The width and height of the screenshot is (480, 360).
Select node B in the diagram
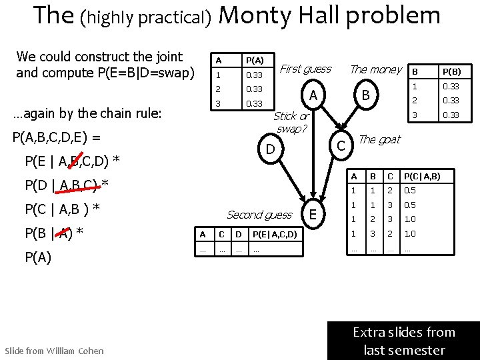pyautogui.click(x=365, y=95)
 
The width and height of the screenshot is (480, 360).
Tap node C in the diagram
pyautogui.click(x=340, y=145)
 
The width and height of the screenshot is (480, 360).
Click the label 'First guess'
pyautogui.click(x=305, y=69)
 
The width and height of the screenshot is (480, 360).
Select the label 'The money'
pyautogui.click(x=376, y=69)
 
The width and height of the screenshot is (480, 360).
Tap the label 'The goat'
pyautogui.click(x=379, y=139)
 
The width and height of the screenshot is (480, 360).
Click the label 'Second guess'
pyautogui.click(x=259, y=215)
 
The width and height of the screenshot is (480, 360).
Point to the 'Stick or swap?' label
pyautogui.click(x=291, y=122)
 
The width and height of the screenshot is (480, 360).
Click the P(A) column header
pyautogui.click(x=254, y=61)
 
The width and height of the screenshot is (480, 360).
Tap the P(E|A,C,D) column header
pyautogui.click(x=275, y=234)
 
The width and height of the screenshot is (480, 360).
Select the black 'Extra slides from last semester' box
pyautogui.click(x=404, y=341)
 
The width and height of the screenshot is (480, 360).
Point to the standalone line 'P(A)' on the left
pyautogui.click(x=37, y=257)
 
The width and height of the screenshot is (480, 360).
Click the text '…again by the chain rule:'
pyautogui.click(x=87, y=113)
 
